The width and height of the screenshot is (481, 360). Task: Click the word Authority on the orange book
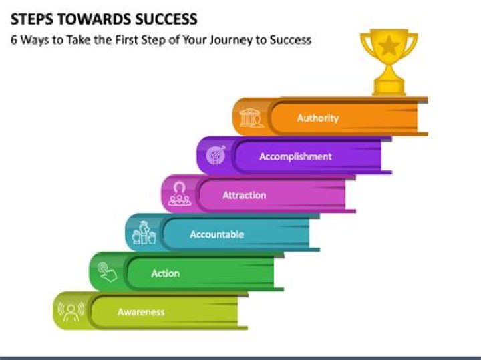318,118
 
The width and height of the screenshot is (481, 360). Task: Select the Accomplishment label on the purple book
295,157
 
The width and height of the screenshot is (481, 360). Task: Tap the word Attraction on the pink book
245,195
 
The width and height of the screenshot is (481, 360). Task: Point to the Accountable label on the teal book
217,234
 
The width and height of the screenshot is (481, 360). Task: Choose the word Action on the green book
166,273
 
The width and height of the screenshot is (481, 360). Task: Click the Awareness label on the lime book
141,312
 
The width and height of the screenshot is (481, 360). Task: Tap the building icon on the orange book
251,118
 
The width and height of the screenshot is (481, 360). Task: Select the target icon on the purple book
216,155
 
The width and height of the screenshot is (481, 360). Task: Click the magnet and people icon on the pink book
180,194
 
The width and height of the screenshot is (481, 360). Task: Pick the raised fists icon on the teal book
144,232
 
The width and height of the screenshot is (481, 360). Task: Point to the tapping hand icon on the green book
107,272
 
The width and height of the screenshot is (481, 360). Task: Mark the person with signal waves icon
71,311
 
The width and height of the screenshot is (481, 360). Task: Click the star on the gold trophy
389,45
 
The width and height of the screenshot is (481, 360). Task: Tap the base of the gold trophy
389,87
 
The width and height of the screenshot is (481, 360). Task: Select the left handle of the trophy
366,44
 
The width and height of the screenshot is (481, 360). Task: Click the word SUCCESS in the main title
166,19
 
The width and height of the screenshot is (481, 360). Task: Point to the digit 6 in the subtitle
14,40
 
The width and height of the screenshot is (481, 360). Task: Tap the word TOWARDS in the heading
94,19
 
